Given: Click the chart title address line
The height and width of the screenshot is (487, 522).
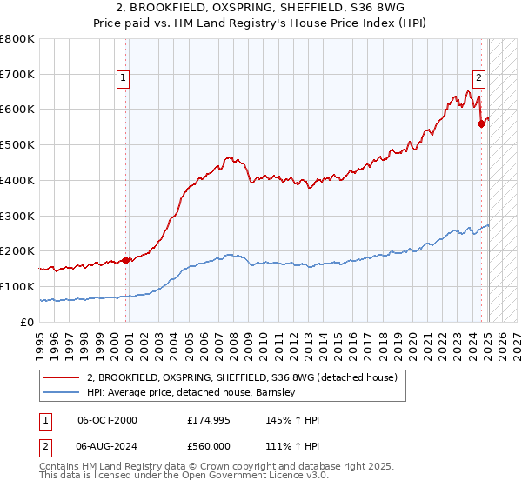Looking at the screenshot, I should tap(261, 8).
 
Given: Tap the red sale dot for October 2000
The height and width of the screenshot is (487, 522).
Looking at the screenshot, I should tap(125, 259).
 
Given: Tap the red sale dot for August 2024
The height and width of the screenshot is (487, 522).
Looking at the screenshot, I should tap(481, 123).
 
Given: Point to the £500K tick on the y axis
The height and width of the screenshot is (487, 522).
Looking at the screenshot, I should tap(17, 145).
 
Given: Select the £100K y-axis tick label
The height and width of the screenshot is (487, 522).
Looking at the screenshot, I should tap(17, 286).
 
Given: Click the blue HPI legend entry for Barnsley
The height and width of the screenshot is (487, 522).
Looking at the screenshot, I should tap(191, 393).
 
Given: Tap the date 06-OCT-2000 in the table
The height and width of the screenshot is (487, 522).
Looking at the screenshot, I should tap(107, 420).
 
